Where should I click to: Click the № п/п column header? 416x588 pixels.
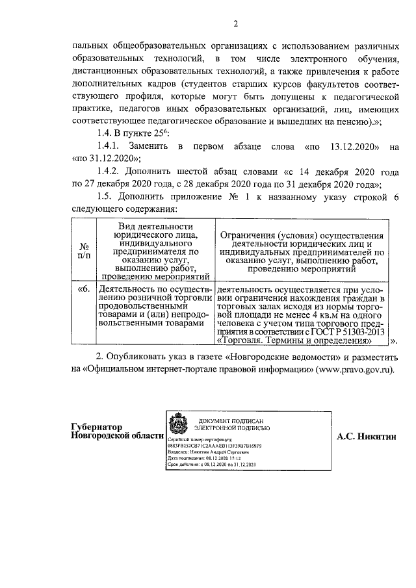83,251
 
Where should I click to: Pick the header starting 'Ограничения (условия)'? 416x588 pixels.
302,251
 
